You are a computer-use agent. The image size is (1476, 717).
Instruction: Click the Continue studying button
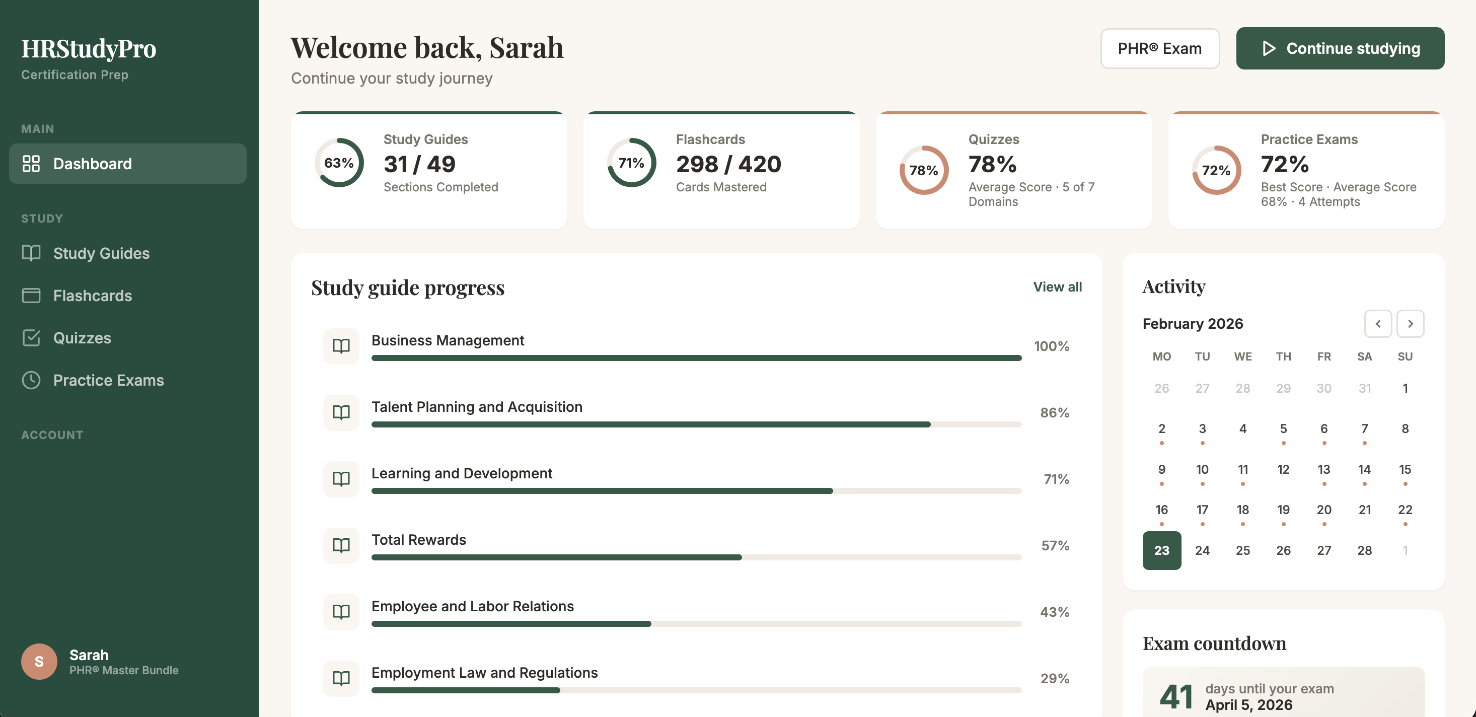1340,49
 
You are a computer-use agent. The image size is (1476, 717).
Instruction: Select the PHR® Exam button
1159,49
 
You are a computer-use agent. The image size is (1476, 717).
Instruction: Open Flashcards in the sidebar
92,296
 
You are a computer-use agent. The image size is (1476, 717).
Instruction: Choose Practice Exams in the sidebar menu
108,381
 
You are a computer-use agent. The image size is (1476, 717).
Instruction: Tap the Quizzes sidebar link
82,338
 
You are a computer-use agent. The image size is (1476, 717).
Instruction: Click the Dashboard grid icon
31,164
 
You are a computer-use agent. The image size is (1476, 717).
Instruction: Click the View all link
1057,287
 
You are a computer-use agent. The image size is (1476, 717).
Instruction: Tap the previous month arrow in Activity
1378,324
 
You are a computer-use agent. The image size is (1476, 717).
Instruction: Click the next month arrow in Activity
1410,324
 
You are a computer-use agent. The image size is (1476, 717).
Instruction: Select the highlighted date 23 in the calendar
1161,550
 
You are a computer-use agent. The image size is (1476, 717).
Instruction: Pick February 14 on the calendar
1364,469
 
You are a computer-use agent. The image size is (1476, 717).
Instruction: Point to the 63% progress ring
339,163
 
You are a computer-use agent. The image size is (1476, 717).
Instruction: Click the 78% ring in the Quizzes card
924,170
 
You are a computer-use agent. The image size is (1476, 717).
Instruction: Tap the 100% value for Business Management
1051,346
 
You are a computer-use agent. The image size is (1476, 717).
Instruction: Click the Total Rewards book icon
341,545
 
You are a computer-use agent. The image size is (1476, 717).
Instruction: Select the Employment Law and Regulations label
484,673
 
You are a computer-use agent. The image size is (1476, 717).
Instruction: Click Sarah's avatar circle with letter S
39,662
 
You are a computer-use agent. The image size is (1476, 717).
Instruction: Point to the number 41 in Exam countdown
1176,696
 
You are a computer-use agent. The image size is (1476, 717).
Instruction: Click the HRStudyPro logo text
89,49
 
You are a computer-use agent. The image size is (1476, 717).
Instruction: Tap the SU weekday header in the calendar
1405,356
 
